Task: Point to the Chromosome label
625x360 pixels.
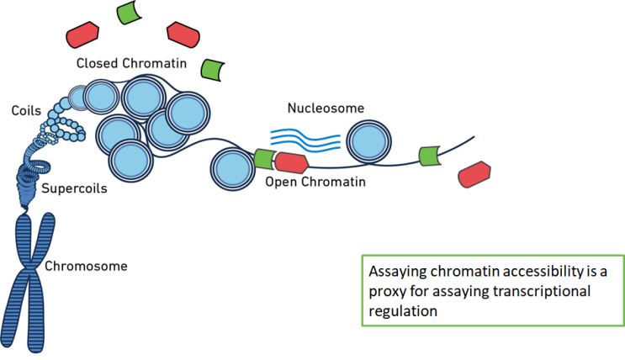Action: pyautogui.click(x=86, y=267)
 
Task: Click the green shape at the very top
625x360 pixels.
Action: pyautogui.click(x=130, y=13)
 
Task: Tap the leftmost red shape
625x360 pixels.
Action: pyautogui.click(x=83, y=35)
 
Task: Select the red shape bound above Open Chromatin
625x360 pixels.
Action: pyautogui.click(x=293, y=163)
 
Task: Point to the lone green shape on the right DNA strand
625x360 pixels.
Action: pyautogui.click(x=430, y=155)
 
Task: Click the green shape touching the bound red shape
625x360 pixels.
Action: pyautogui.click(x=263, y=160)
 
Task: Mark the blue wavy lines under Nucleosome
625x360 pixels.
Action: pyautogui.click(x=305, y=139)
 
